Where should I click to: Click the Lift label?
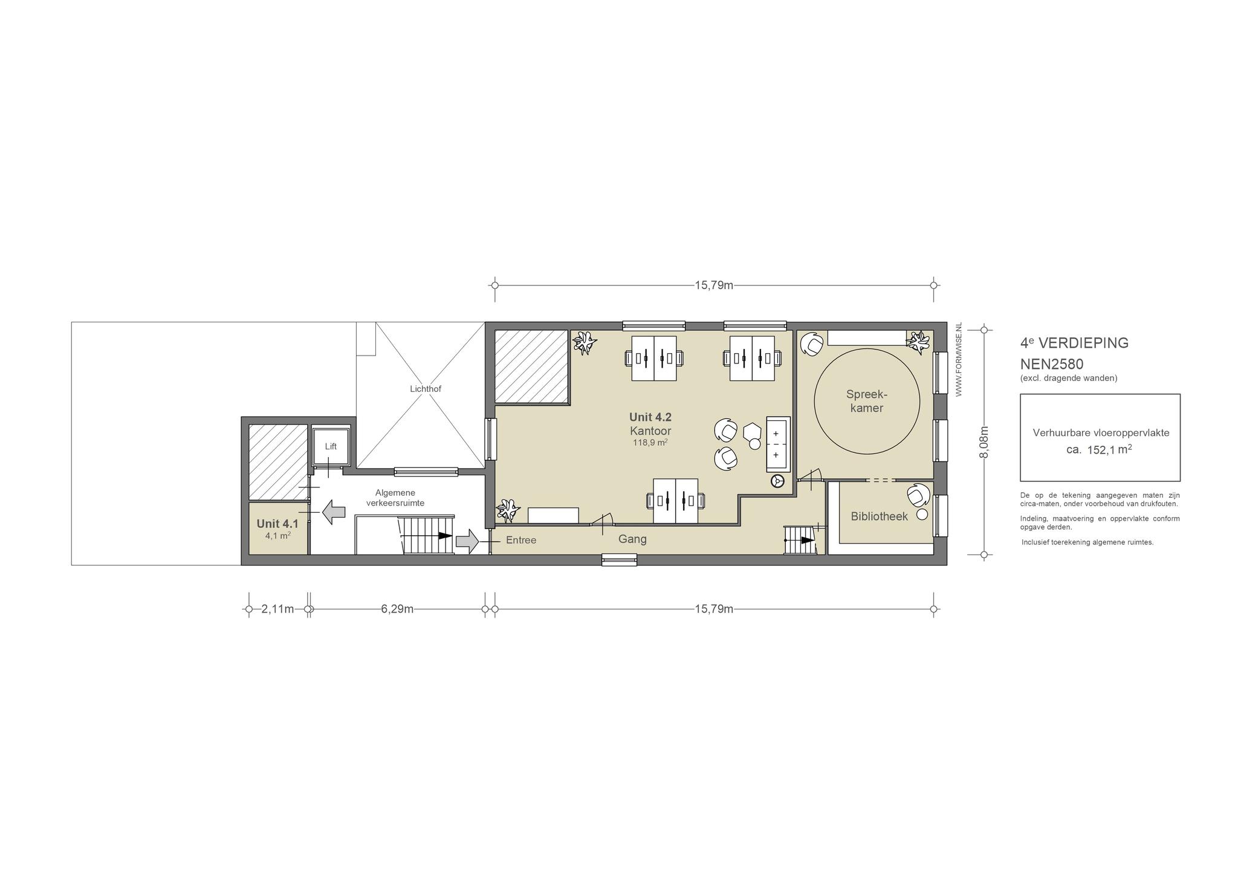(x=331, y=447)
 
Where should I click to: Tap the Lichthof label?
(x=426, y=389)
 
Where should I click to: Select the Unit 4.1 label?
(x=277, y=524)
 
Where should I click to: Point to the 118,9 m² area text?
(x=650, y=442)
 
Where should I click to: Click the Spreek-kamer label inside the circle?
(x=867, y=402)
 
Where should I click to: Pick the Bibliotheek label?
(x=880, y=516)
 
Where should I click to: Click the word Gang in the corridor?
(x=632, y=539)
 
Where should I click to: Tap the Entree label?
(x=521, y=540)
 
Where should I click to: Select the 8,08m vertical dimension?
(x=984, y=442)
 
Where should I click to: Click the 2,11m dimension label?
(x=277, y=609)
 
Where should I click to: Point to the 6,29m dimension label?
(x=397, y=609)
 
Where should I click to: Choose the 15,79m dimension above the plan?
(x=714, y=285)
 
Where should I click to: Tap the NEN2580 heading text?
(x=1052, y=364)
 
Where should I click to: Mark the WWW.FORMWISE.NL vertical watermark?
(x=959, y=360)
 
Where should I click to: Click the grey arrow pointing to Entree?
(x=467, y=541)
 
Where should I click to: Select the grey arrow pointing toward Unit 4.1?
(x=334, y=512)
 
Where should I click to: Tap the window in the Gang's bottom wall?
(x=620, y=561)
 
